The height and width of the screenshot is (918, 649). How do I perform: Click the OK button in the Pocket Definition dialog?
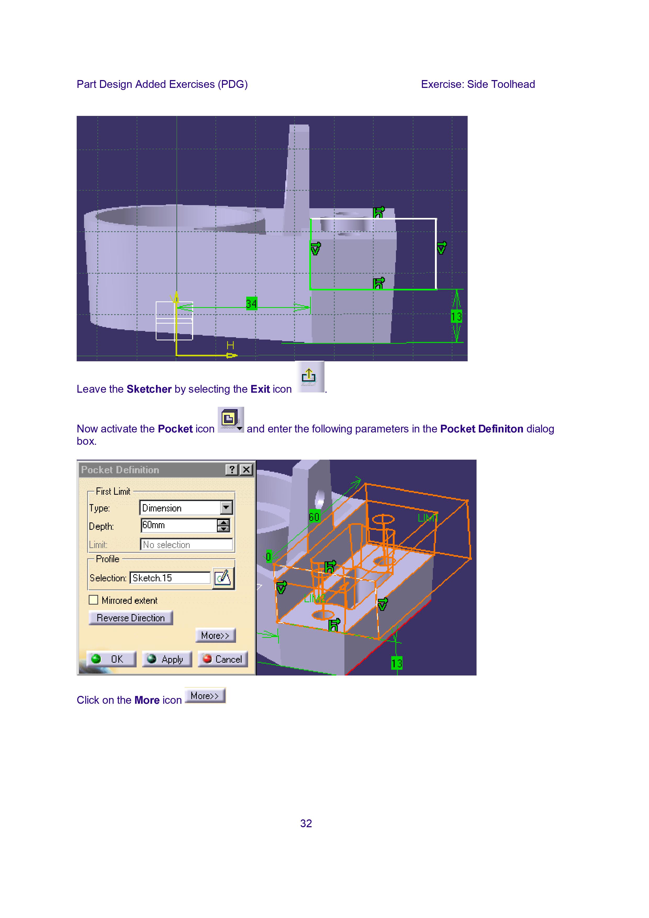coord(111,659)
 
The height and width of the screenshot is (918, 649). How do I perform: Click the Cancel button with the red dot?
coord(223,659)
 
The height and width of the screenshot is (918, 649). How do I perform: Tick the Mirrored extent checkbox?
coord(94,600)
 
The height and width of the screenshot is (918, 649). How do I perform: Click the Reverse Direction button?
coord(131,618)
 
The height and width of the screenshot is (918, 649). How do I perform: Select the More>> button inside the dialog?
coord(216,635)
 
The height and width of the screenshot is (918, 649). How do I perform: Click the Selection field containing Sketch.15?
coord(170,578)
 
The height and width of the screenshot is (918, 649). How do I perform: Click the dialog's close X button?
coord(246,469)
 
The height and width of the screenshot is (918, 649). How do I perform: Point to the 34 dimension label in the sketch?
coord(251,304)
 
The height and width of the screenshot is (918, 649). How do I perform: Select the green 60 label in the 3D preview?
coord(314,517)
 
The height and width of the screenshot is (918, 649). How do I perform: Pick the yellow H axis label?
coord(230,345)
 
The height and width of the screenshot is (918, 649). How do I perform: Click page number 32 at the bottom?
coord(306,823)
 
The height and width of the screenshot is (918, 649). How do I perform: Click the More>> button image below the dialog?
coord(205,696)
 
